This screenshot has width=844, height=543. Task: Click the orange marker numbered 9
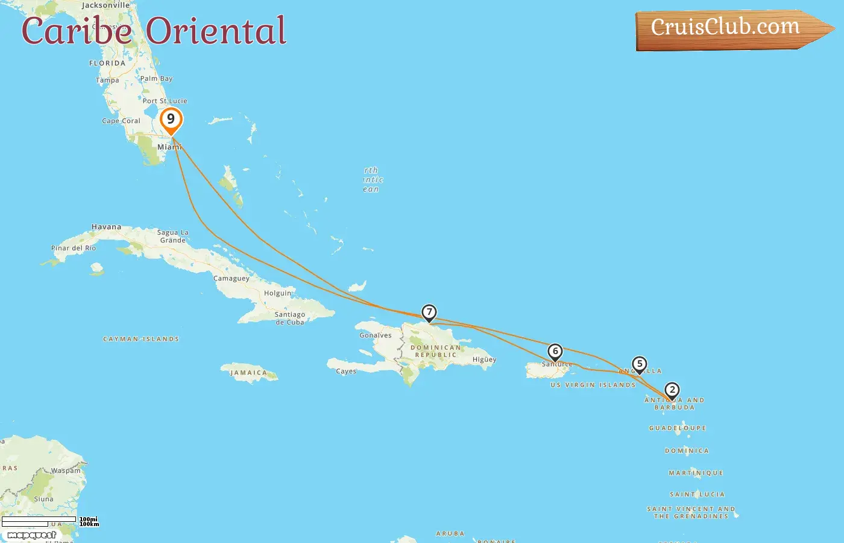(x=171, y=119)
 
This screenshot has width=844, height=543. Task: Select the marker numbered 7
(x=429, y=313)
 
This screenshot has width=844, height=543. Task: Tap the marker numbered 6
(x=555, y=352)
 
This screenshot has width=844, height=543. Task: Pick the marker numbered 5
(x=640, y=364)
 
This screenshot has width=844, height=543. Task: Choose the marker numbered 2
(x=672, y=390)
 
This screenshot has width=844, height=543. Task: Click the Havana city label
(x=106, y=227)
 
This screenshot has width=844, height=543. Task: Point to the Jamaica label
(x=248, y=373)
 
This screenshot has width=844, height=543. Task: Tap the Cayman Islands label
(x=141, y=339)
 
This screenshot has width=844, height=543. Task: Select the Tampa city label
(x=107, y=80)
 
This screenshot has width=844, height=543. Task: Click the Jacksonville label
(x=105, y=5)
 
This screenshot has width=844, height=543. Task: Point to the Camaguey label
(x=231, y=279)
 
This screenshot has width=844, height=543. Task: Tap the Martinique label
(x=696, y=473)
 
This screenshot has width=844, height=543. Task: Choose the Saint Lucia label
(x=697, y=494)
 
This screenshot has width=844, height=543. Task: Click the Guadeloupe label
(x=678, y=428)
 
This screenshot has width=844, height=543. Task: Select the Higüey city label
(x=484, y=360)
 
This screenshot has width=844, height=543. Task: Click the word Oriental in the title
(x=216, y=31)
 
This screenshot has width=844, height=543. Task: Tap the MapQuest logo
(x=31, y=535)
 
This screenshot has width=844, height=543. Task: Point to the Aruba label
(x=450, y=534)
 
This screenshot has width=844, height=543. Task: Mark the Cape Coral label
(x=121, y=121)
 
